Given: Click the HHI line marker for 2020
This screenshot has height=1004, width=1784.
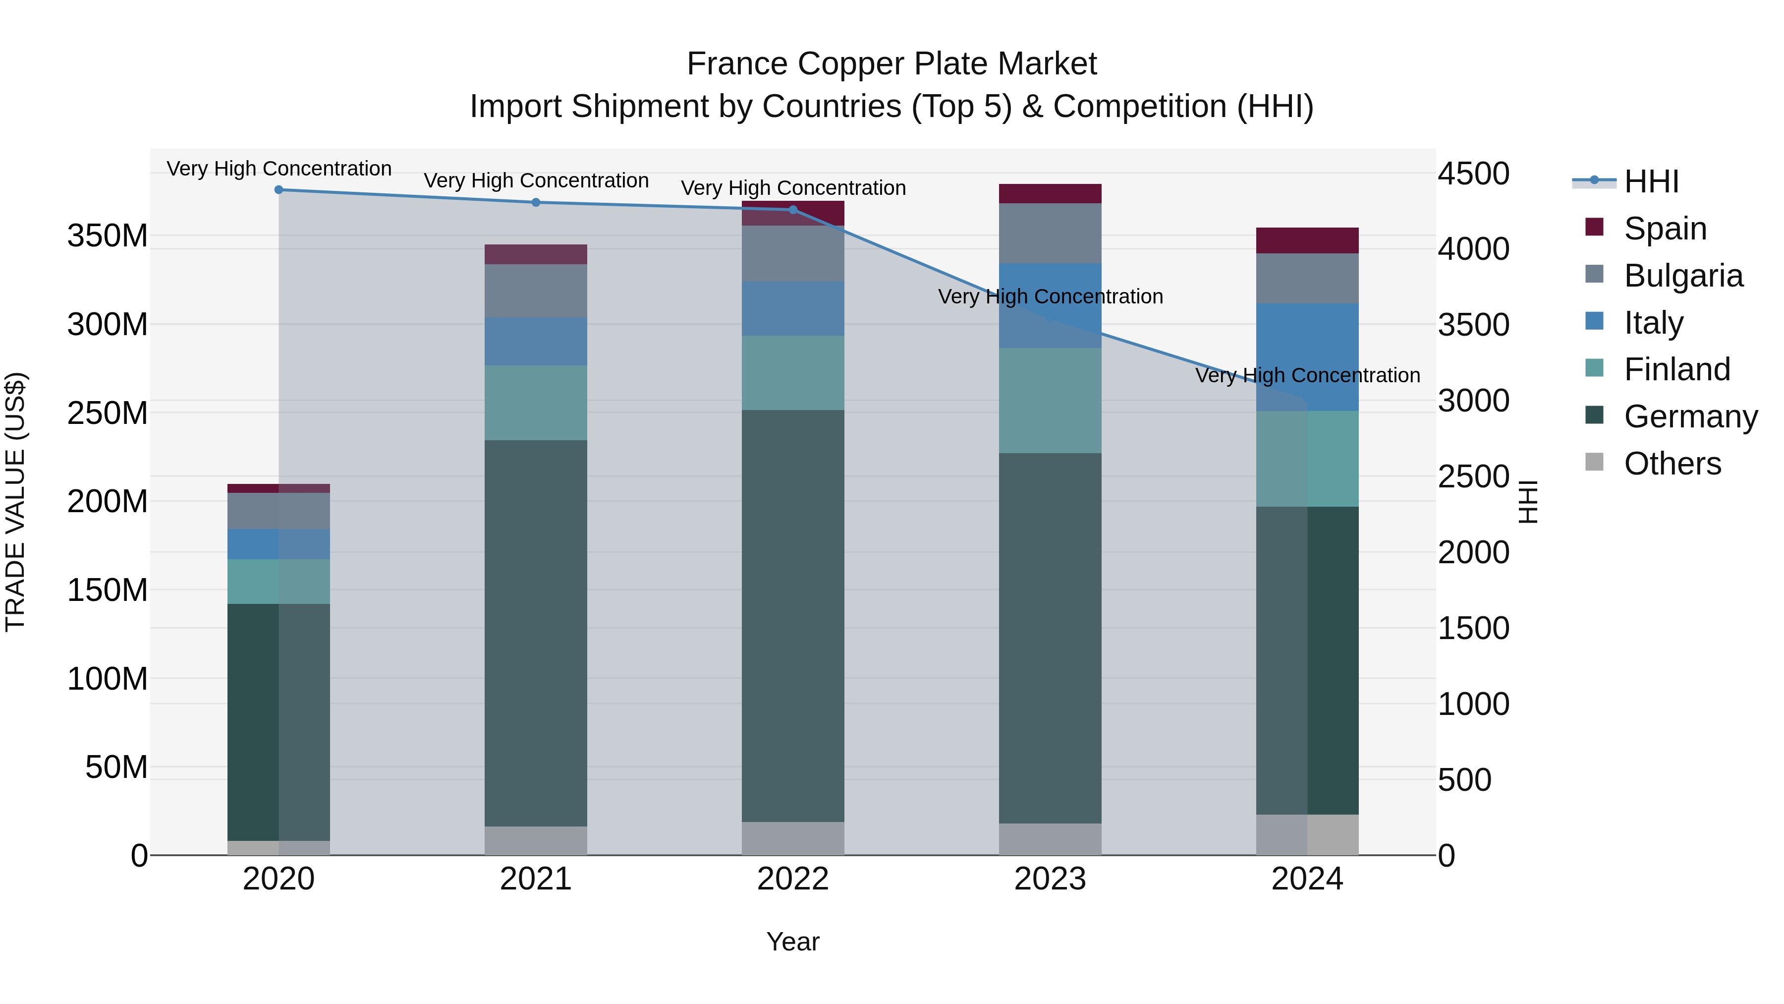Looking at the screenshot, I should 279,190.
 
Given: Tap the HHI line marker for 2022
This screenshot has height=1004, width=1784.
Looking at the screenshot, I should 793,209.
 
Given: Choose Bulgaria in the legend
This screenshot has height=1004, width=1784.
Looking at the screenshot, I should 1683,276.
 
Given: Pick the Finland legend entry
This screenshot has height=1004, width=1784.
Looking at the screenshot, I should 1676,369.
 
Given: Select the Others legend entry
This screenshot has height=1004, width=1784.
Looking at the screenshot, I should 1672,464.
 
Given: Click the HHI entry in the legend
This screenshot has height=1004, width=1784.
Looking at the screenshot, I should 1651,181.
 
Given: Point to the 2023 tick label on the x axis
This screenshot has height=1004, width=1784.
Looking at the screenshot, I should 1050,879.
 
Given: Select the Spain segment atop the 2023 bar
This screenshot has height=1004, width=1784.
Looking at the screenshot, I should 1050,193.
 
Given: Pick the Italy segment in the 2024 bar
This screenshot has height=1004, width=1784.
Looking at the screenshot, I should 1308,357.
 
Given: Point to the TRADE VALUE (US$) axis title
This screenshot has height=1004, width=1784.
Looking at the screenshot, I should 15,502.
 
